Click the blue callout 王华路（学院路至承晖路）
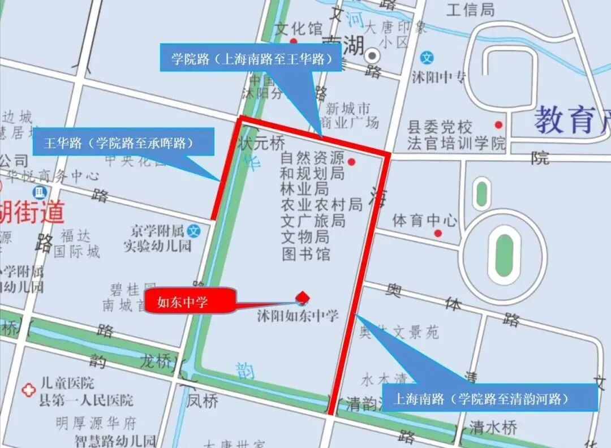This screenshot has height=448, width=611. pos(123,142)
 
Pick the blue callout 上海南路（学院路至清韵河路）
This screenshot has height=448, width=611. pos(490,398)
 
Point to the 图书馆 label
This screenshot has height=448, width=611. pos(305,253)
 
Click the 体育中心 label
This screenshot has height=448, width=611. pos(425,219)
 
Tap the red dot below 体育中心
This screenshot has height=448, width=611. pos(437,232)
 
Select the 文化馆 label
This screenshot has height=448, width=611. pos(298,28)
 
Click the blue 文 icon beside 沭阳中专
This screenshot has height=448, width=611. pos(428,57)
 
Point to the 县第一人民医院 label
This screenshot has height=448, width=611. pos(86,400)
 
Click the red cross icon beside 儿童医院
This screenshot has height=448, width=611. pos(28,390)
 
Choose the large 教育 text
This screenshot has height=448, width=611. pos(566,119)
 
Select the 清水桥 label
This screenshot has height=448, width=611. pos(493,427)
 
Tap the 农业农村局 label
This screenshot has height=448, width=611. pos(321,204)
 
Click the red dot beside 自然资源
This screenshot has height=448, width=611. pos(351,162)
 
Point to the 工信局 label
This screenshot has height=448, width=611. pos(470,10)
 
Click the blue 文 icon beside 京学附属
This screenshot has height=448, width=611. pos(194,231)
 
